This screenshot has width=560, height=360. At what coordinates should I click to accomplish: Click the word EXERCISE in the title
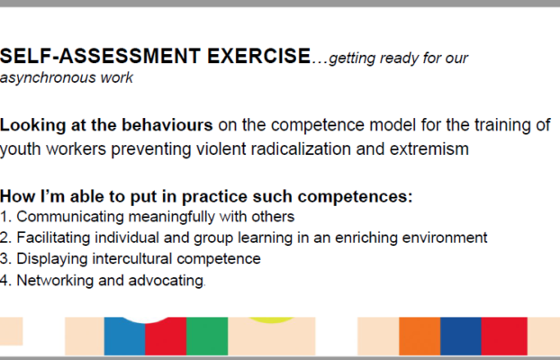[x=258, y=56]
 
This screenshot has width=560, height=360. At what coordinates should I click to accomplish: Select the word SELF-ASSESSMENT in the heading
[x=100, y=56]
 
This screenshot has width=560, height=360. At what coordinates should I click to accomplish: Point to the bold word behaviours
[x=167, y=125]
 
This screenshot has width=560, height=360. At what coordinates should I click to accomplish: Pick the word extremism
[x=429, y=148]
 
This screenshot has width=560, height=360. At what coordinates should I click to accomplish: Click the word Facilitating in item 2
[x=53, y=238]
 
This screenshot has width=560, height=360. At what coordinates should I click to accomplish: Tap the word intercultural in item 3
[x=131, y=258]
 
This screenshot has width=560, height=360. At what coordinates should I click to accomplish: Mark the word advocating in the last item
[x=166, y=281]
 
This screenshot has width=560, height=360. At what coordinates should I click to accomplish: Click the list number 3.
[x=4, y=258]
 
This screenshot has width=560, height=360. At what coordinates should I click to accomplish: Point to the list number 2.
[x=4, y=238]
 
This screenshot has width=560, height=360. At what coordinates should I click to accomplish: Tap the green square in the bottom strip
[x=207, y=336]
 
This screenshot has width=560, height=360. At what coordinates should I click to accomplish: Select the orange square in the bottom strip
[x=420, y=336]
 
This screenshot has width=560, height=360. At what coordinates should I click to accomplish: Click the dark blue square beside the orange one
[x=461, y=336]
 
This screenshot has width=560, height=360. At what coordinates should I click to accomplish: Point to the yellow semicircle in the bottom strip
[x=271, y=320]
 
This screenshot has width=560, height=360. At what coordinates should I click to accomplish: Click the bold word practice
[x=214, y=197]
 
